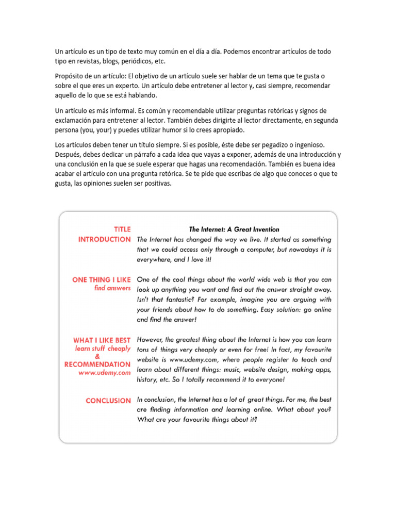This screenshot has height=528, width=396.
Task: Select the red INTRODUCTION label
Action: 104,239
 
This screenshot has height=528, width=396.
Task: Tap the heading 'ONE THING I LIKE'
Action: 102,279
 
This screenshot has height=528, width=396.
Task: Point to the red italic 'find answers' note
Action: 112,288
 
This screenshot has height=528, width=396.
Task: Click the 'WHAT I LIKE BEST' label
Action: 102,340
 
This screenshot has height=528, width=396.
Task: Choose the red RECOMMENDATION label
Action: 97,365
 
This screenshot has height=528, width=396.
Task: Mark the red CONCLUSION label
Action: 108,401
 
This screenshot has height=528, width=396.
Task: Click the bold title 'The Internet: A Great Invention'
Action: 234,229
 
